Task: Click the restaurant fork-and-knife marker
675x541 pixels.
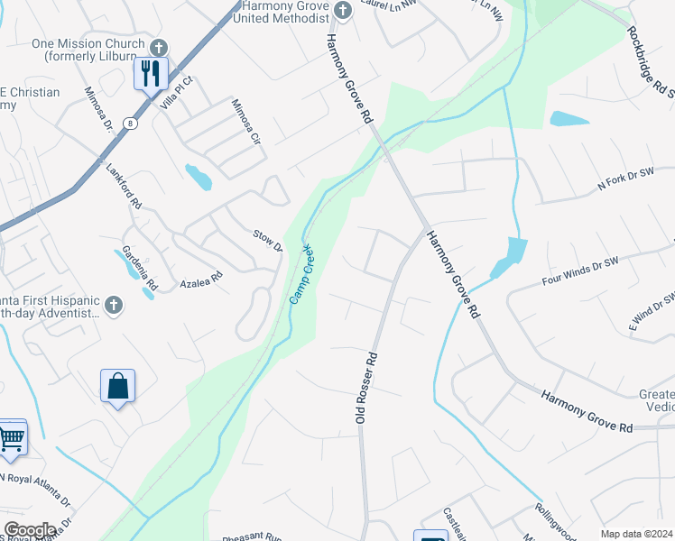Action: tap(151, 72)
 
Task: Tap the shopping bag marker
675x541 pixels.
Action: tap(118, 387)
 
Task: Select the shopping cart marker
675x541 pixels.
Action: tap(11, 438)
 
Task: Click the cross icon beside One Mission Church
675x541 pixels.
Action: tap(158, 46)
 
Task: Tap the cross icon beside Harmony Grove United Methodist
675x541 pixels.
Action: tap(342, 10)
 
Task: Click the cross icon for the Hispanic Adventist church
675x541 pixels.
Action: tap(113, 305)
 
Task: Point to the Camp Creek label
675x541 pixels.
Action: tap(301, 273)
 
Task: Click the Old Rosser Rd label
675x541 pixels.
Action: tap(365, 389)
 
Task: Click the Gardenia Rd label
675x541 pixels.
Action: tap(139, 269)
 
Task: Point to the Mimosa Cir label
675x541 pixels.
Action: tap(245, 122)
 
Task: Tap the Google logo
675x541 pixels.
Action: tap(29, 530)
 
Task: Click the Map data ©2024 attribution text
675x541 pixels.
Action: tap(636, 534)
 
